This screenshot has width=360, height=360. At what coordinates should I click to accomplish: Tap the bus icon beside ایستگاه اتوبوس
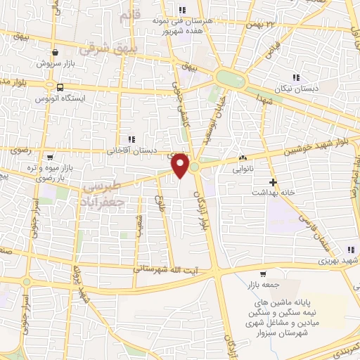pyautogui.click(x=60, y=88)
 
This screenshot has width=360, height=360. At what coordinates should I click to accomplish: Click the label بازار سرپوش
pyautogui.click(x=53, y=63)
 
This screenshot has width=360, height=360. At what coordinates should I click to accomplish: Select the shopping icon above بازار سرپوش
pyautogui.click(x=55, y=52)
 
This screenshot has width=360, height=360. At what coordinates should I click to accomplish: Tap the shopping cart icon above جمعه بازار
pyautogui.click(x=263, y=274)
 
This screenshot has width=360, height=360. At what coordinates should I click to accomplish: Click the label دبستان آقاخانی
pyautogui.click(x=130, y=150)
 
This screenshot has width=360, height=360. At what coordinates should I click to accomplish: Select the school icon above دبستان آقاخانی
pyautogui.click(x=130, y=139)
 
